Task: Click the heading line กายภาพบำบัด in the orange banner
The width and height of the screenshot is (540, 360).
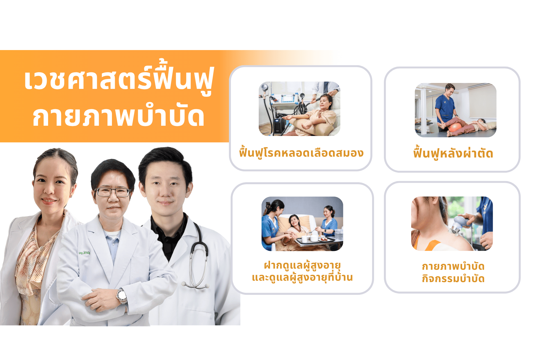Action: tap(118, 117)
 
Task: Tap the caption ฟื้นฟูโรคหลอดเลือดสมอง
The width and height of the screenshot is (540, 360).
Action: tap(301, 153)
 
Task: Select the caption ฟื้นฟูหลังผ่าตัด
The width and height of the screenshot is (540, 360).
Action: tap(453, 153)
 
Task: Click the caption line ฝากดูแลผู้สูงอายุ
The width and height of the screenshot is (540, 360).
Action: tap(302, 265)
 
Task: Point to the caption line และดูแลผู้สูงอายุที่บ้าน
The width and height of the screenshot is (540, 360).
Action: tap(302, 278)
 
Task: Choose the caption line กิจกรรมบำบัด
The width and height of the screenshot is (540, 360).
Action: tap(453, 279)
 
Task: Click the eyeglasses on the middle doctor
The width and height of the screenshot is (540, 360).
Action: tap(113, 192)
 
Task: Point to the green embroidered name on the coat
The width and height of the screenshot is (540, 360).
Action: tap(84, 253)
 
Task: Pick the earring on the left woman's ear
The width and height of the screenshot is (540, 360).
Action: tap(71, 195)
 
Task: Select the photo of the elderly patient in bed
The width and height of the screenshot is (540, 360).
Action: tap(302, 224)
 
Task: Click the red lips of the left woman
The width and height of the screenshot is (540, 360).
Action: tap(49, 201)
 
